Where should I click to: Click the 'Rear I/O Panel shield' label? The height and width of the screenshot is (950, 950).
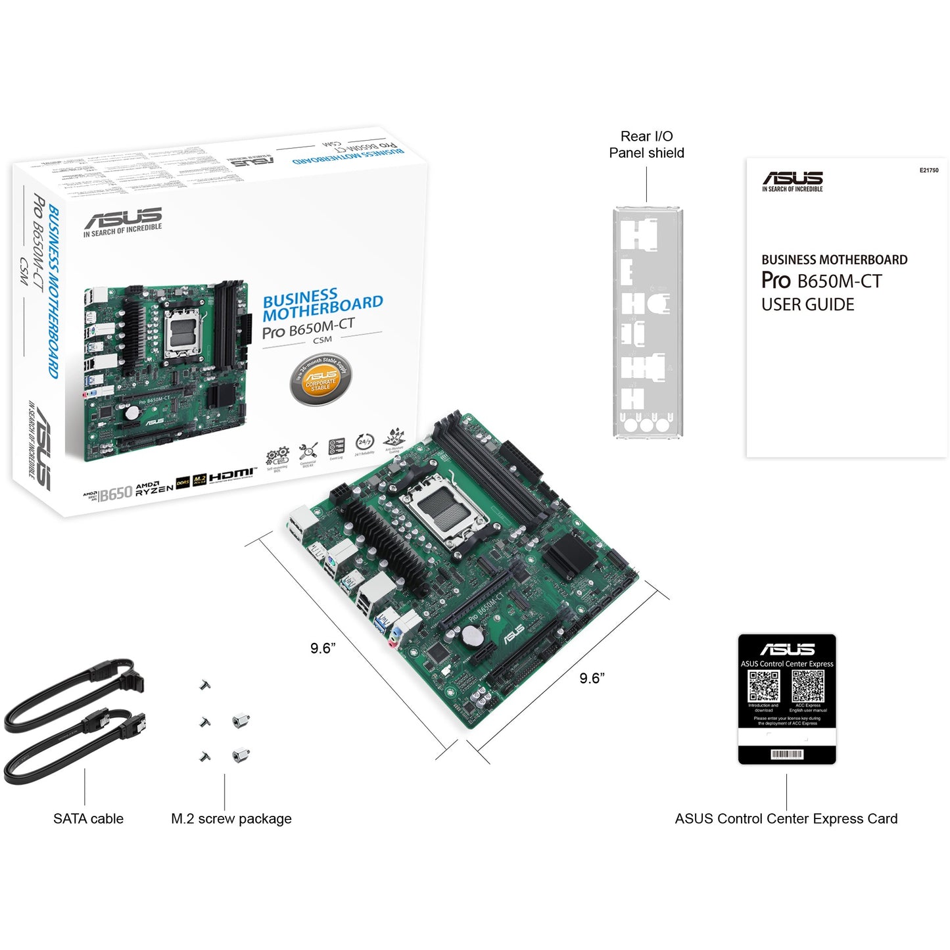tap(646, 145)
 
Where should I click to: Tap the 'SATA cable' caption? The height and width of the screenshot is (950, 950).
tap(88, 819)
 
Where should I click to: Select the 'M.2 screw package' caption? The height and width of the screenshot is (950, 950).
tap(231, 819)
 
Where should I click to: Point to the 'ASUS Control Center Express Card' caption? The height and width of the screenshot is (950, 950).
tap(786, 819)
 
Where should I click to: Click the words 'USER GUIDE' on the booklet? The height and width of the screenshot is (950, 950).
tap(807, 305)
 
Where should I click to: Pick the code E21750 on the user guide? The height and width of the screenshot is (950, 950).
tap(928, 170)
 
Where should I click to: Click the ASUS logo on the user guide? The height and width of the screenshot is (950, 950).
tap(792, 179)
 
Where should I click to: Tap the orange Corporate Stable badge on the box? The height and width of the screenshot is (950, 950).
tap(321, 380)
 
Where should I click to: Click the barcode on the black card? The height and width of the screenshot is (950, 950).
tap(787, 754)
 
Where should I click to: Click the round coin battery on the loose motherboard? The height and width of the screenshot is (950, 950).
tap(472, 635)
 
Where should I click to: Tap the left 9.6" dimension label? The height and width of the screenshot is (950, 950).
tap(323, 648)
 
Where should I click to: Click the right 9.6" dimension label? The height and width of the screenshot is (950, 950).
tap(592, 678)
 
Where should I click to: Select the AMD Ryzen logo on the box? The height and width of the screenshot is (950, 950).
tap(154, 488)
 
